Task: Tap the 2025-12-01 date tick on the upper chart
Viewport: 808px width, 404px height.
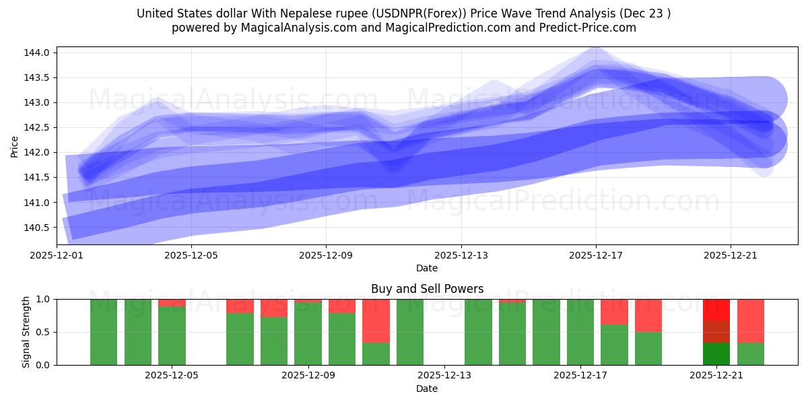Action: click(x=57, y=256)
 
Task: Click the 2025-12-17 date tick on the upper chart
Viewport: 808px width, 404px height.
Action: click(x=596, y=256)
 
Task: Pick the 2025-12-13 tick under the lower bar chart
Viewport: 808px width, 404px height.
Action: click(x=444, y=376)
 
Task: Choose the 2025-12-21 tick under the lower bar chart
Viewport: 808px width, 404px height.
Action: click(x=716, y=376)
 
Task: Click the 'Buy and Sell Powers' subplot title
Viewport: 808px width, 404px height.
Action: click(x=427, y=289)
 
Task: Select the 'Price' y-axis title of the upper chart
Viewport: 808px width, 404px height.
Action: click(x=15, y=146)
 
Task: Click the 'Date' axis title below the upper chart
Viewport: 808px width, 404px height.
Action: click(x=427, y=268)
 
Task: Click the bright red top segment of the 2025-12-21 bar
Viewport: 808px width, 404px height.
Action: click(x=716, y=309)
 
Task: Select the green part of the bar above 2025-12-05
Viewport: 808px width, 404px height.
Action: click(x=172, y=337)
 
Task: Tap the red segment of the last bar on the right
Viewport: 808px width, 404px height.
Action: click(x=750, y=321)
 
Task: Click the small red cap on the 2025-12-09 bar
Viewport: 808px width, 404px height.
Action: click(x=308, y=300)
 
